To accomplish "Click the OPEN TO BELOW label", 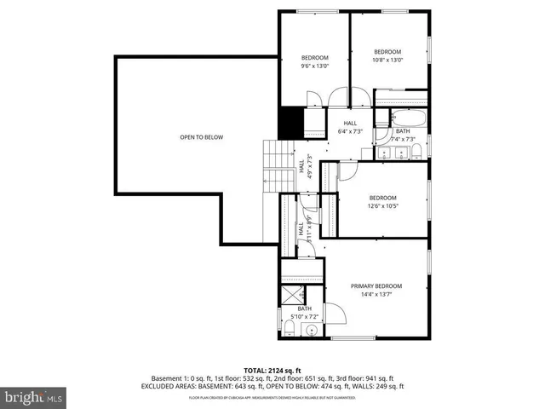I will pos(201,136).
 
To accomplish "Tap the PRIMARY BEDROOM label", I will pos(376,285).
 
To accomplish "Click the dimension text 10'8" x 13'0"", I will pos(387,60).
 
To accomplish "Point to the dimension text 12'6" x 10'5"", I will pos(381,204).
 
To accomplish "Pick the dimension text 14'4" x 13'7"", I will pos(376,294).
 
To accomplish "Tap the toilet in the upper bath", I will pos(417,152).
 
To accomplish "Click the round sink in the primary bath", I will pos(313,330).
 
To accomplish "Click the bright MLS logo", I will pos(34,396).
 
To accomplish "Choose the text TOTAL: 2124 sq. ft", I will pos(272,370).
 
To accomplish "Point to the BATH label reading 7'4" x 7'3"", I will pos(403,135).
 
